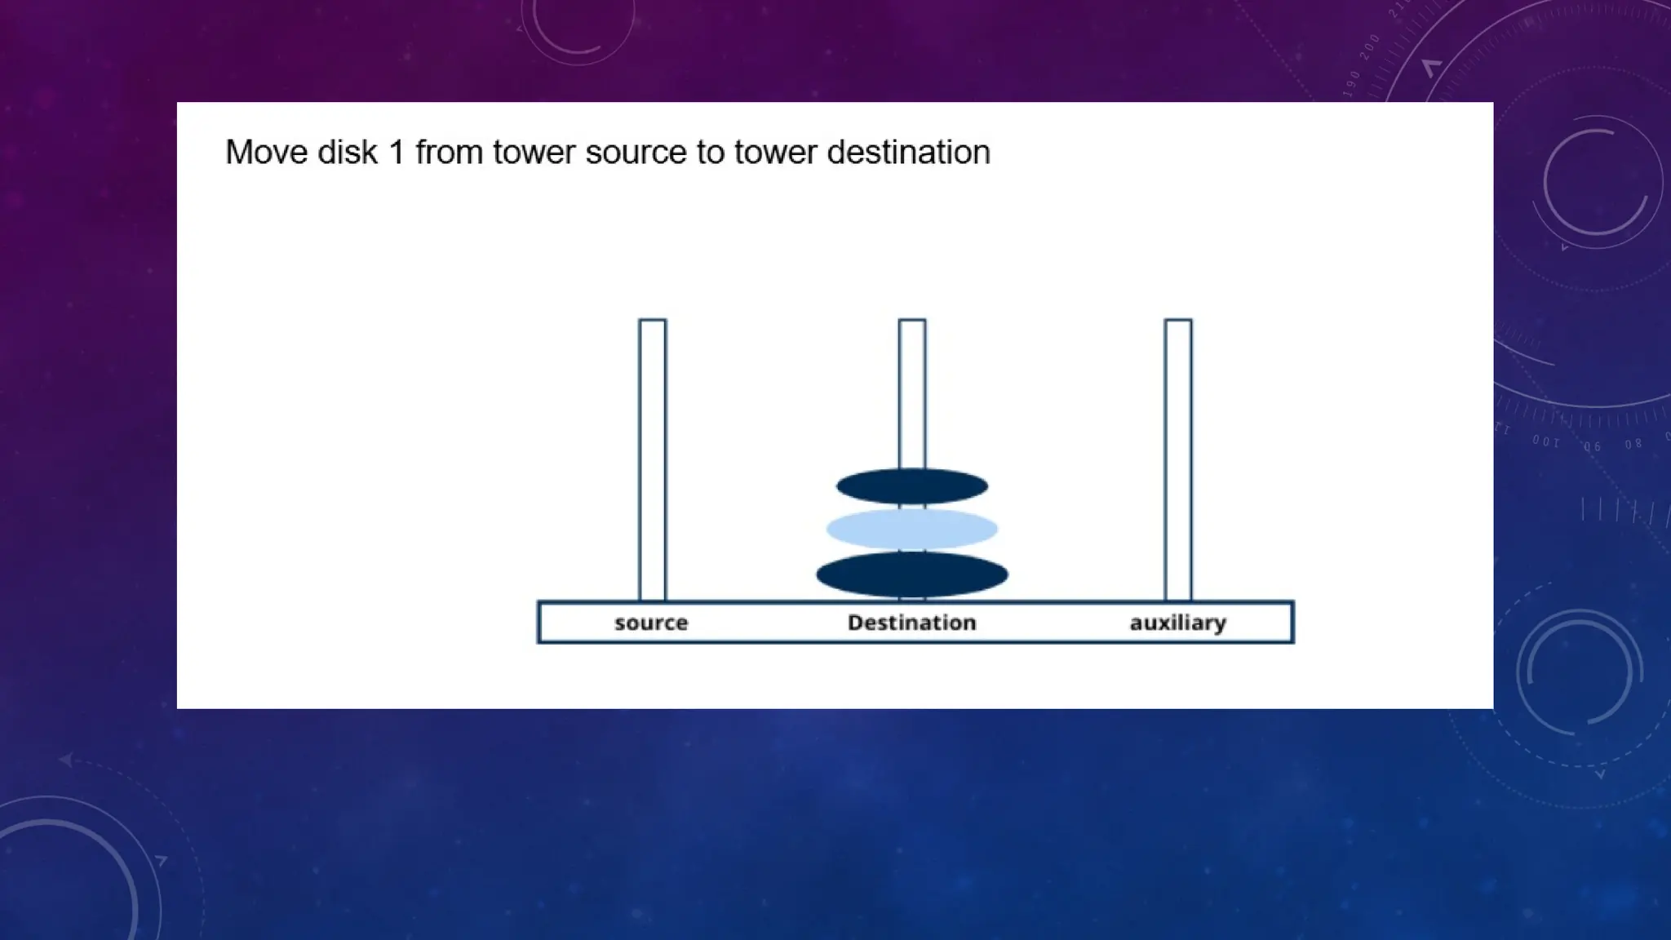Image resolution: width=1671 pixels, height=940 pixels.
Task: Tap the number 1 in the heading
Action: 397,153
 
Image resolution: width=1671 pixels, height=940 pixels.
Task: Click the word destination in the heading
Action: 908,153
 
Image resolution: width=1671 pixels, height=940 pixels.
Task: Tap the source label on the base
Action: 651,623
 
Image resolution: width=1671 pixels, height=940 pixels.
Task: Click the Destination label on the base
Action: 911,623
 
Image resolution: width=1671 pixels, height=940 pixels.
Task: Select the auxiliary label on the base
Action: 1177,623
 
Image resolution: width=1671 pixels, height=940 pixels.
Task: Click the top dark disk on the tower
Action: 911,487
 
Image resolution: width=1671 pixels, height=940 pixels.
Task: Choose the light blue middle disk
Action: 911,529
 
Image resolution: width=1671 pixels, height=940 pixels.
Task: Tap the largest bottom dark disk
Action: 911,574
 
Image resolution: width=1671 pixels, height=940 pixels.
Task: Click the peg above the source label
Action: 652,457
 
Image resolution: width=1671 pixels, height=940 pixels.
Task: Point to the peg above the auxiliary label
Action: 1177,457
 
